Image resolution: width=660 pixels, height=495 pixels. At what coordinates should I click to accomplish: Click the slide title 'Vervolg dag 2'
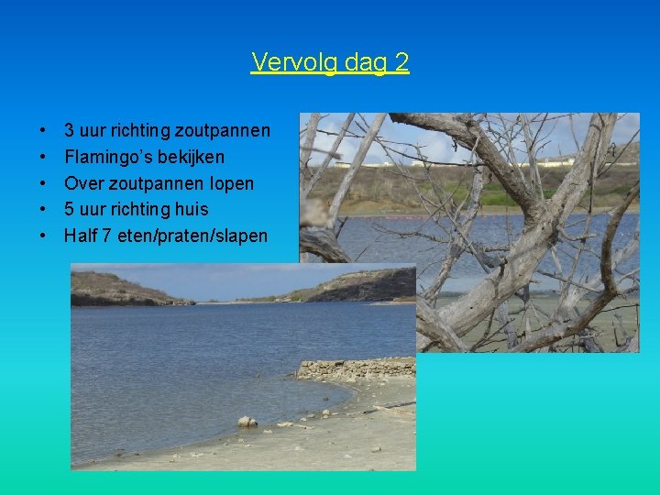[x=330, y=62]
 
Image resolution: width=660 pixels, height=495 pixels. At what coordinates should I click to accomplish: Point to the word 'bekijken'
[x=192, y=157]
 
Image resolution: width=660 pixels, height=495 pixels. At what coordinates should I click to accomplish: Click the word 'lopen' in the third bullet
[x=230, y=183]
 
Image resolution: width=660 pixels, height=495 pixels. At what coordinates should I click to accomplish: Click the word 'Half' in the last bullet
[x=80, y=236]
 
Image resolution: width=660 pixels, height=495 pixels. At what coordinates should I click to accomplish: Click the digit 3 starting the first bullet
[x=70, y=130]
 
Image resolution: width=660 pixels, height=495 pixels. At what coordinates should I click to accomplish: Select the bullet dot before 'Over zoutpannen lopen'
[x=44, y=183]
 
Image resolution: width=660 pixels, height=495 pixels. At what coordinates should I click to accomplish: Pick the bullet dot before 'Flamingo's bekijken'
[x=44, y=157]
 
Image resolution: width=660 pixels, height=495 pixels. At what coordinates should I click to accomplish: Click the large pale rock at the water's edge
[x=247, y=422]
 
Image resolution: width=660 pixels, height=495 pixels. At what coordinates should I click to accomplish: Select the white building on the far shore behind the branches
[x=555, y=161]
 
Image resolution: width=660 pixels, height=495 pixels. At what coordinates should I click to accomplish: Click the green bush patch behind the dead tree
[x=500, y=196]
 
